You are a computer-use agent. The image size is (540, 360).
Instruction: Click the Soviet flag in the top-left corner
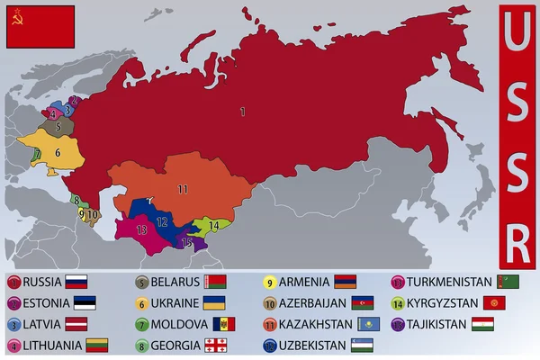pos(40,26)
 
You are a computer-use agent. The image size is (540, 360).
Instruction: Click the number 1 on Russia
pos(242,112)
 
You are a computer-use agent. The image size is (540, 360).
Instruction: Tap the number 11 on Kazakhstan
pos(183,189)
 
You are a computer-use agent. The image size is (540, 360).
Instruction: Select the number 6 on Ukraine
pos(57,153)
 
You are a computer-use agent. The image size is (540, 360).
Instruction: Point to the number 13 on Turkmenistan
pos(141,230)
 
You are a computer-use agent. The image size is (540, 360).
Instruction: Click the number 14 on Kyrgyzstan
pos(213,224)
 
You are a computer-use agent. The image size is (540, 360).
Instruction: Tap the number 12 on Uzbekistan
pos(162,220)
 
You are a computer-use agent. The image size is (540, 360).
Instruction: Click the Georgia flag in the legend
pos(214,346)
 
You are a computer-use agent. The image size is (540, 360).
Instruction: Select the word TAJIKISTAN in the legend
pos(436,324)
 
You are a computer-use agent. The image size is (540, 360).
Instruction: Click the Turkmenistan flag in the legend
pos(508,282)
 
